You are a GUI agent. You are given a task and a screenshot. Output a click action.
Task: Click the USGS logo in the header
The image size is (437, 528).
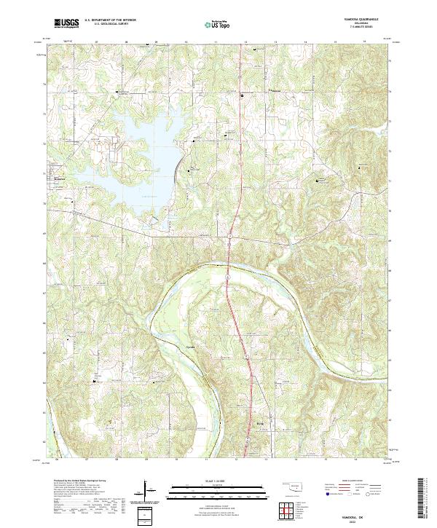[x=66, y=23]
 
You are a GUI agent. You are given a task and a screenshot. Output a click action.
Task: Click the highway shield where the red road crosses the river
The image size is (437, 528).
[x=228, y=277]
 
